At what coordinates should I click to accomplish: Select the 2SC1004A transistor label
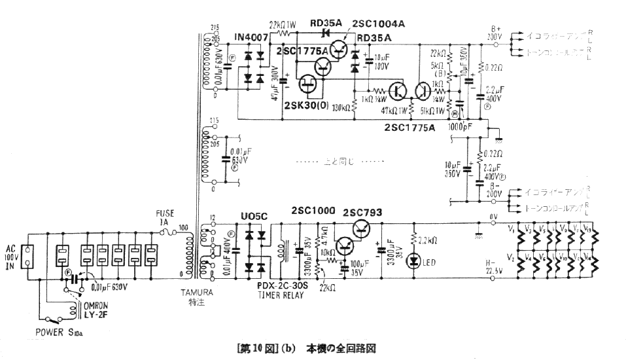point(379,24)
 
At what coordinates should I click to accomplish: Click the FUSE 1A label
point(165,218)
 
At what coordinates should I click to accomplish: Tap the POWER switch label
point(58,333)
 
